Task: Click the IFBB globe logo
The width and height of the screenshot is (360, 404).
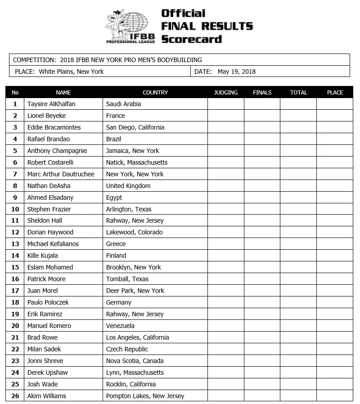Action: pos(130,26)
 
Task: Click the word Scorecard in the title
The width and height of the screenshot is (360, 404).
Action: pos(191,39)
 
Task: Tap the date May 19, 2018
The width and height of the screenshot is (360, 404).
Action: pos(237,72)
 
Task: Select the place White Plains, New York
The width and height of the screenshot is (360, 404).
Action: pos(71,72)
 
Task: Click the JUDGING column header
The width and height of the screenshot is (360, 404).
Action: pos(225,92)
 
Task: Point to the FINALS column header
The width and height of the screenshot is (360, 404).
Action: pos(262,92)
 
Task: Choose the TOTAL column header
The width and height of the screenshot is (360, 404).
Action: pos(298,92)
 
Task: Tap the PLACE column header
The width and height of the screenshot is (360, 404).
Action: pos(335,92)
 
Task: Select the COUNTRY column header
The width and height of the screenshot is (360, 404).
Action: pos(155,92)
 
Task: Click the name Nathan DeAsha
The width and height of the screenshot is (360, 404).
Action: pos(49,186)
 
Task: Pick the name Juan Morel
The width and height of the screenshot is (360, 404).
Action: pos(42,291)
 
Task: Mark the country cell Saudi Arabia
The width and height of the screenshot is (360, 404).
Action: pos(123,104)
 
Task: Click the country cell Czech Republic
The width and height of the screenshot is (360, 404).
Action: pos(127,349)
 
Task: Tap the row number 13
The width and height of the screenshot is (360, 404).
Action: pos(15,244)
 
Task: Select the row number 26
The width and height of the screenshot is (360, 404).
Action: pos(15,396)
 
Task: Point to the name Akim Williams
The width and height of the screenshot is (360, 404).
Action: pos(46,396)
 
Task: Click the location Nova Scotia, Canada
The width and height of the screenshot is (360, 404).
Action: pos(135,361)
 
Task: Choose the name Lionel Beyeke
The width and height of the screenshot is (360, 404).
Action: pos(46,116)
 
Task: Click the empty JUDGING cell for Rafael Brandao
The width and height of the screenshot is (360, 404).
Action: pos(225,139)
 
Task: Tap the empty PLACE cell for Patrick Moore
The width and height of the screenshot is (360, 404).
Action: pos(335,279)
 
